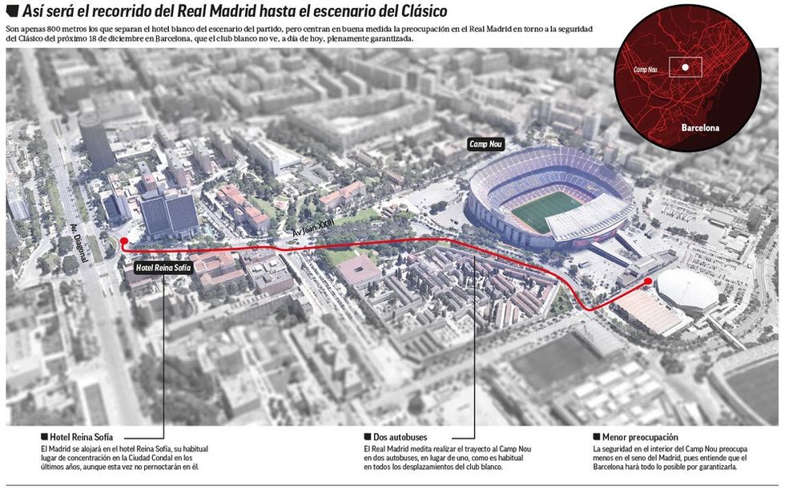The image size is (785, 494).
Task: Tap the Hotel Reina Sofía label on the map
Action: (163, 267)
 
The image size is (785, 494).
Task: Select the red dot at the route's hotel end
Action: (123, 241)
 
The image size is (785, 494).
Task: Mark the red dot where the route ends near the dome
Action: (648, 281)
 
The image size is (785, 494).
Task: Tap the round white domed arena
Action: (687, 290)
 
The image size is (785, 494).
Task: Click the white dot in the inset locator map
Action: (686, 68)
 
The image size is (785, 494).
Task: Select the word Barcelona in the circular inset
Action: (700, 128)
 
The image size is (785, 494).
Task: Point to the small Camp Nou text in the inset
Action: (646, 70)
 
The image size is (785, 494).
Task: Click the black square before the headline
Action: (12, 11)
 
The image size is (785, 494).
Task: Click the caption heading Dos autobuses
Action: (400, 436)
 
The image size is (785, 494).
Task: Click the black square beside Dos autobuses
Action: (367, 436)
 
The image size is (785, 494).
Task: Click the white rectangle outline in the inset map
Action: (685, 67)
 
